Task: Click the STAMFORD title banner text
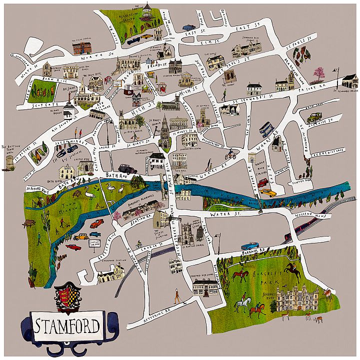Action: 66,326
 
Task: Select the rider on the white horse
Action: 243,304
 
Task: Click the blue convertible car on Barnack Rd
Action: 249,246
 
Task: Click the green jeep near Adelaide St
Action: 314,117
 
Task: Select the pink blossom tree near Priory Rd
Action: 318,74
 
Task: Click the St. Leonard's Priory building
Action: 349,80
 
